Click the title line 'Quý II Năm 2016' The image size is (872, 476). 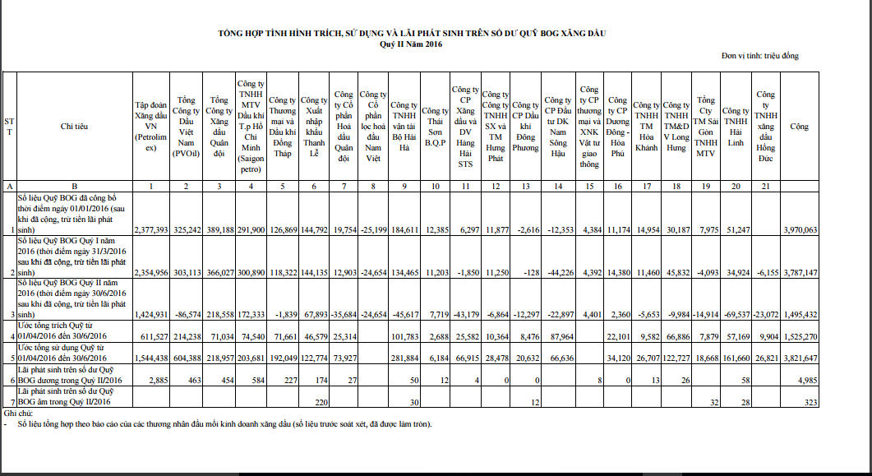click(x=411, y=44)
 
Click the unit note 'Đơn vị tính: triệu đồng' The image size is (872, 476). click(x=759, y=56)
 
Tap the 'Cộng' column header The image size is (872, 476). click(x=799, y=127)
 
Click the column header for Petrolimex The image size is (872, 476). click(x=150, y=127)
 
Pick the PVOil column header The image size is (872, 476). click(x=186, y=127)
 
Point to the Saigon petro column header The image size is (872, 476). click(x=250, y=127)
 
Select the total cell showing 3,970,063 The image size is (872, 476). click(x=800, y=230)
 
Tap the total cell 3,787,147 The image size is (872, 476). click(x=800, y=271)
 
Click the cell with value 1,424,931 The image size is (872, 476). click(x=151, y=314)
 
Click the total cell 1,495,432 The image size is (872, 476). click(x=800, y=314)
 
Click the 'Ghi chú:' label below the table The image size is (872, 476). click(x=17, y=414)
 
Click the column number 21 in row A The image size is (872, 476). click(x=766, y=187)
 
